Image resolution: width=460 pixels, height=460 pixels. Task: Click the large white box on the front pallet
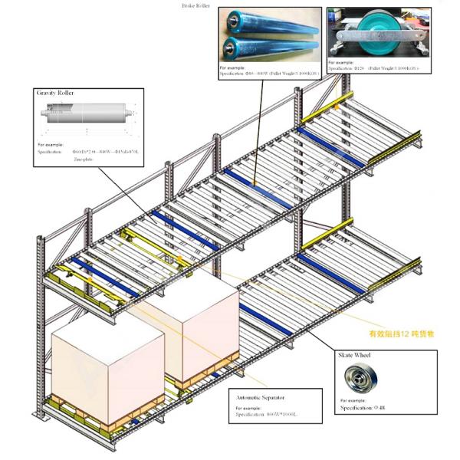(x=97, y=368)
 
